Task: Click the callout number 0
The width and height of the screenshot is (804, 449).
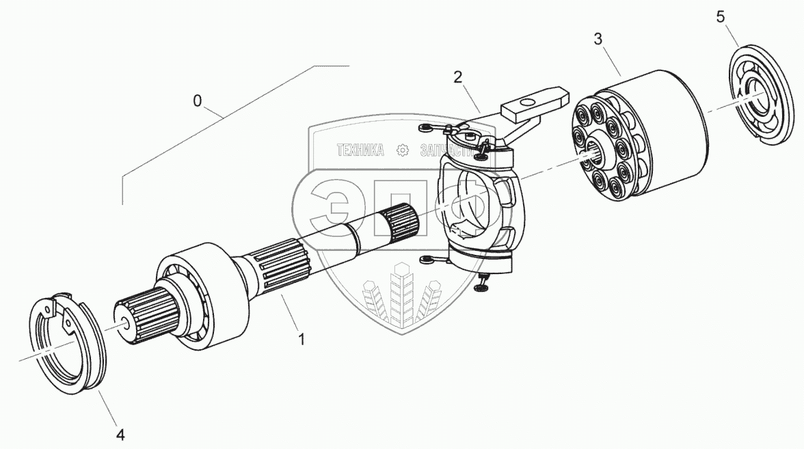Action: [x=198, y=101]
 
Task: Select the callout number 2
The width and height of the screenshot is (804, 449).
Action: [x=458, y=76]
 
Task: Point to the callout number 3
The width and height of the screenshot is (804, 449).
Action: [x=598, y=39]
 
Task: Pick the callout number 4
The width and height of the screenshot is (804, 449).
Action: [x=120, y=433]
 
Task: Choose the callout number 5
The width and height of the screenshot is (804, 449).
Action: [x=721, y=17]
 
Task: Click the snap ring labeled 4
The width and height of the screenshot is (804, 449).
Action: [x=68, y=342]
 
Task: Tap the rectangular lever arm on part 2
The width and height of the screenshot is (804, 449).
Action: [x=534, y=102]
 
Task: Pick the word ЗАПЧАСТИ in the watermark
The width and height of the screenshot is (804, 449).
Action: [x=444, y=149]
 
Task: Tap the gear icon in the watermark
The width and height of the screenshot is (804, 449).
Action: [x=403, y=149]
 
